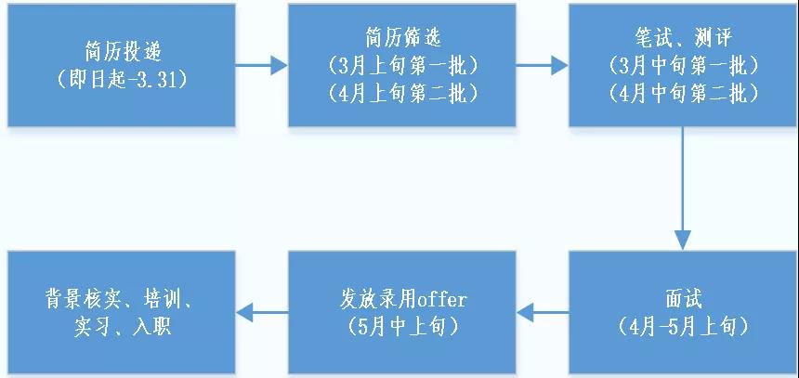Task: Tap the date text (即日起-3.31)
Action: pyautogui.click(x=122, y=79)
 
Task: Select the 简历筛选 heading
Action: pyautogui.click(x=402, y=40)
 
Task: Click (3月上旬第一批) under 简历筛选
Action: pyautogui.click(x=402, y=66)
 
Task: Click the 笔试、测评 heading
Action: pyautogui.click(x=683, y=40)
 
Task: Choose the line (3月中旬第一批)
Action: pyautogui.click(x=683, y=66)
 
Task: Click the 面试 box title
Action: pyautogui.click(x=683, y=300)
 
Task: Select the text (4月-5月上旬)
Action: pyautogui.click(x=683, y=326)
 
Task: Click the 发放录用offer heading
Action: pyautogui.click(x=402, y=300)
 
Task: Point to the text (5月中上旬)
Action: pyautogui.click(x=402, y=326)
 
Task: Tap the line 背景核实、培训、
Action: pyautogui.click(x=122, y=300)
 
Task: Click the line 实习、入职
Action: pyautogui.click(x=122, y=326)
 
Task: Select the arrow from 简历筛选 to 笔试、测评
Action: pyautogui.click(x=542, y=66)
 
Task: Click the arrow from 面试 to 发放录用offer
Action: pyautogui.click(x=542, y=313)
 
